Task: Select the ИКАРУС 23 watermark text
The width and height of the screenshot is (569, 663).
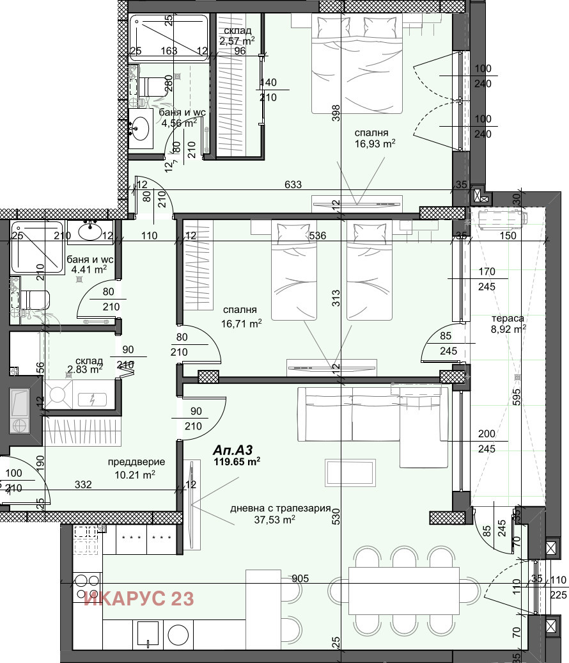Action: (139, 598)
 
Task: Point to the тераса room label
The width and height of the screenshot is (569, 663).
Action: (508, 318)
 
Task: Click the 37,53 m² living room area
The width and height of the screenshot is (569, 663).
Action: (274, 520)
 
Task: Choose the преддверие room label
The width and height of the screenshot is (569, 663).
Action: (136, 461)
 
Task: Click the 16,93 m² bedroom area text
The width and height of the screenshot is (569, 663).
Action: (375, 143)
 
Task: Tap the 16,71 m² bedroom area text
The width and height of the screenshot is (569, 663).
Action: (242, 324)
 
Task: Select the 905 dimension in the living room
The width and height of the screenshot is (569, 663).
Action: (300, 579)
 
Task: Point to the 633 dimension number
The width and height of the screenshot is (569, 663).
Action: (293, 185)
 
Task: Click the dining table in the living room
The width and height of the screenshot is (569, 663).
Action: (404, 588)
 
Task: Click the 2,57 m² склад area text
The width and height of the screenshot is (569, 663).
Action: (237, 41)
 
